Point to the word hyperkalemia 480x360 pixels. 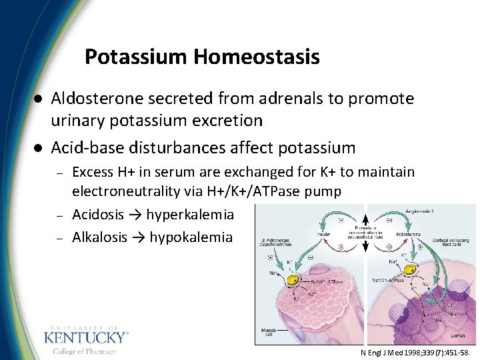click(x=190, y=215)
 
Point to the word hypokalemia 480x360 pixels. click(x=191, y=237)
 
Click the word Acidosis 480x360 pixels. click(x=97, y=215)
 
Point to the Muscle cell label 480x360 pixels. click(x=268, y=331)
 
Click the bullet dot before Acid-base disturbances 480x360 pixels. click(x=39, y=148)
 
